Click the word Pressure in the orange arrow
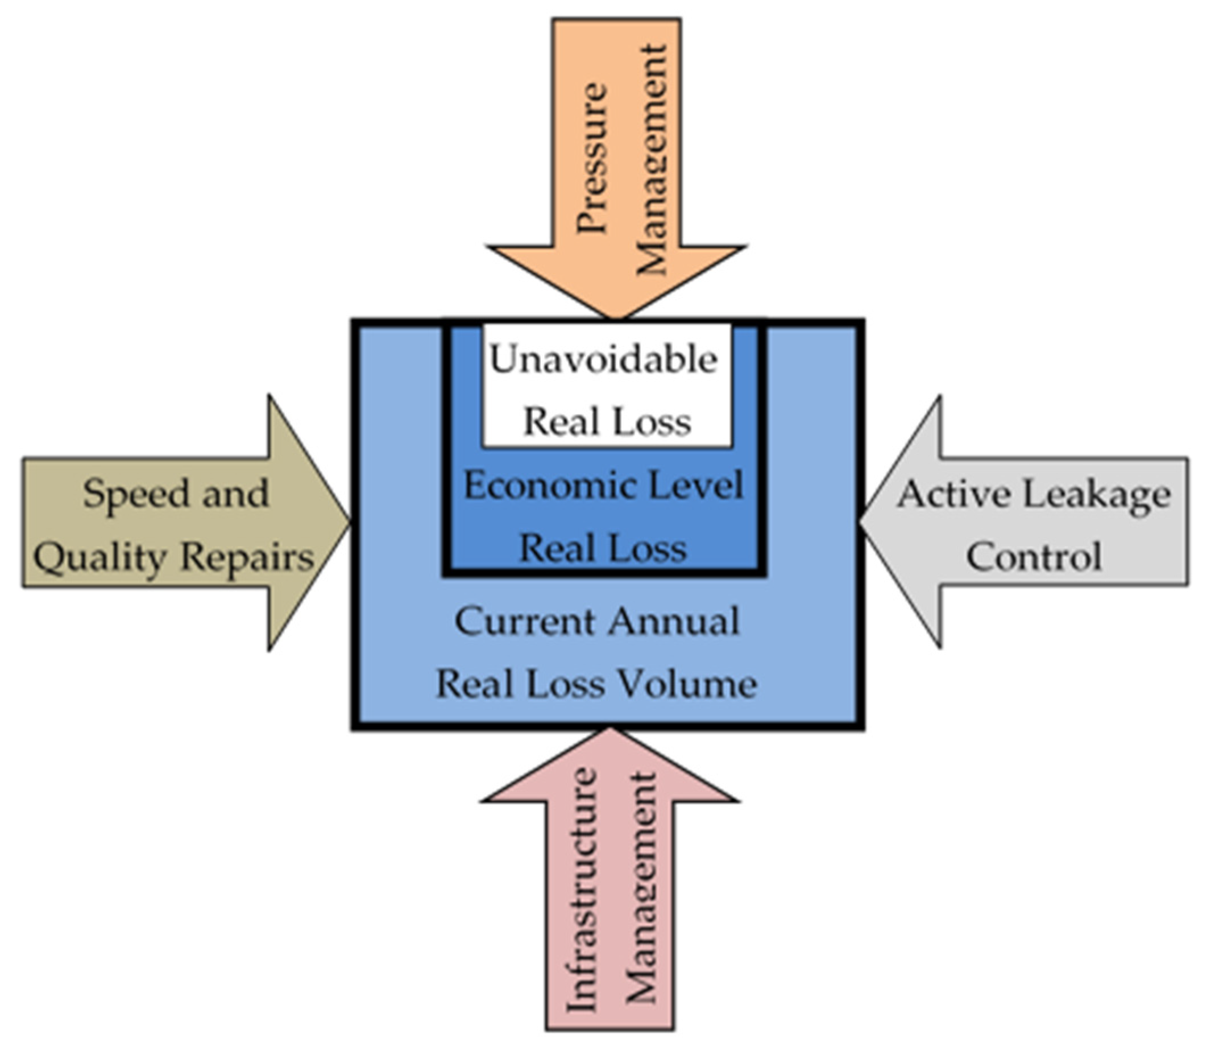pyautogui.click(x=591, y=158)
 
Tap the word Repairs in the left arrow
pyautogui.click(x=247, y=556)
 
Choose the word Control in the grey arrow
pyautogui.click(x=1034, y=557)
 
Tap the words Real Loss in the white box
pyautogui.click(x=607, y=422)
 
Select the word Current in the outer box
pyautogui.click(x=526, y=622)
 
